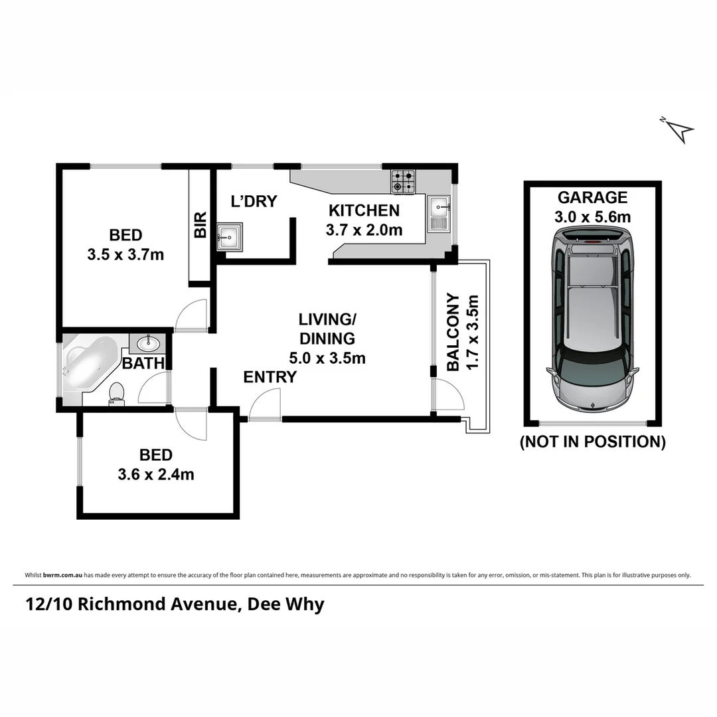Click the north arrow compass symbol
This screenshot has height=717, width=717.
(678, 129)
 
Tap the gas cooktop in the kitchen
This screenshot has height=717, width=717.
(402, 181)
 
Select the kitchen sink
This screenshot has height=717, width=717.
(439, 213)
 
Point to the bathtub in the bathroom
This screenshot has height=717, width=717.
(89, 364)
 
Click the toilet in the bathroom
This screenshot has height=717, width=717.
(117, 393)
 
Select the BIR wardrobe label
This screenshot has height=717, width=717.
(200, 225)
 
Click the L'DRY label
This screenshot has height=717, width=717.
(253, 202)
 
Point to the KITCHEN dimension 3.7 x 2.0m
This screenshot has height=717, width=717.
(364, 230)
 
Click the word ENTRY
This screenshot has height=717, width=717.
(270, 377)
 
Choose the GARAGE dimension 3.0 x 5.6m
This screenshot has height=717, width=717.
(593, 216)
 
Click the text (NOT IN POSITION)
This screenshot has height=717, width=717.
(592, 441)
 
